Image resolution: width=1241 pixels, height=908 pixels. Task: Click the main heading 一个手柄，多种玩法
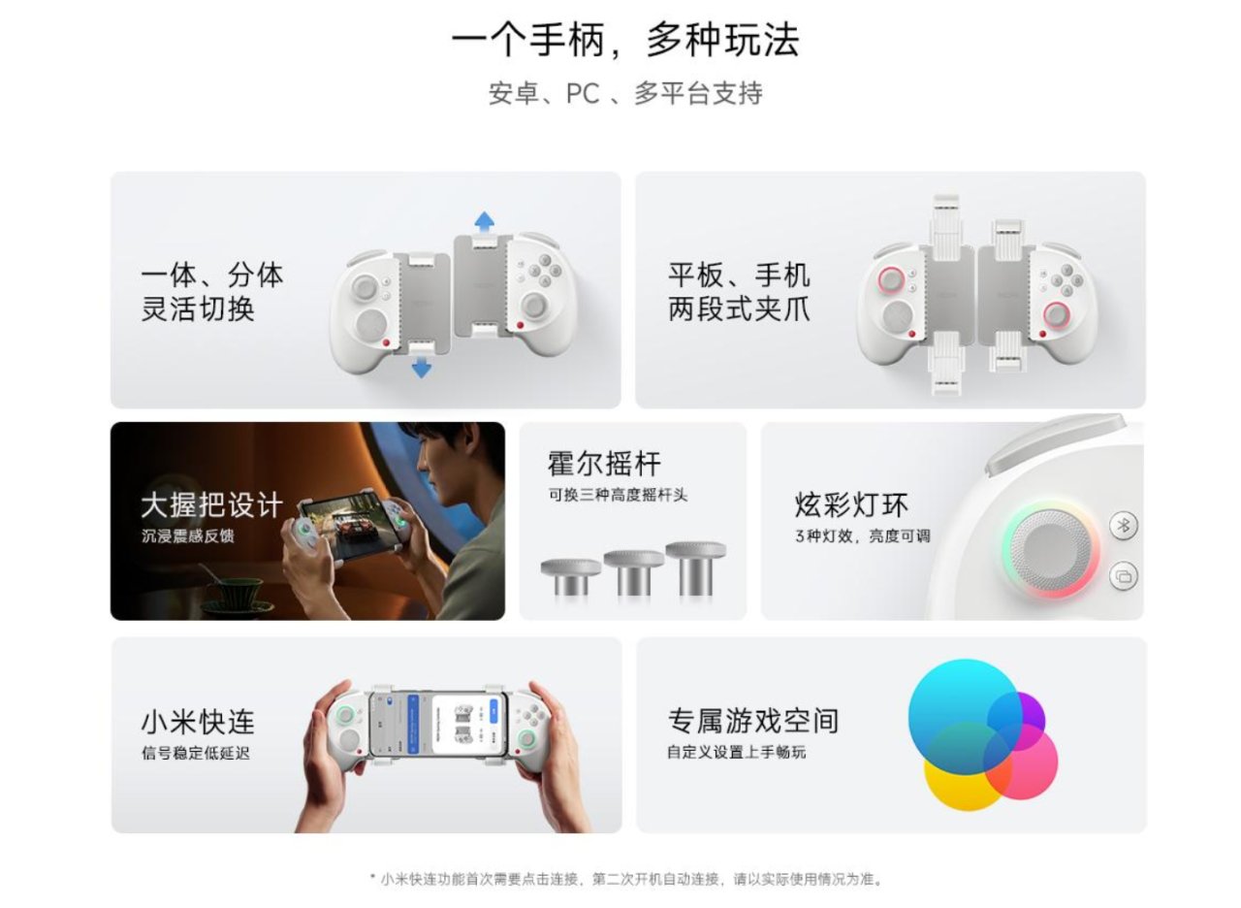click(x=625, y=40)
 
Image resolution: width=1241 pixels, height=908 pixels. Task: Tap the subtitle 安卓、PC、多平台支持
click(x=625, y=93)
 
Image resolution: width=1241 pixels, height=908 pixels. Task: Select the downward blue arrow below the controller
click(x=422, y=368)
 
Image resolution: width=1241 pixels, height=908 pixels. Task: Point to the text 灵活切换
click(x=198, y=308)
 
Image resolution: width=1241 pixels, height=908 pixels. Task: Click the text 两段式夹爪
click(x=739, y=308)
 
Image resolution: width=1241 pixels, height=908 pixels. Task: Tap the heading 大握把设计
click(x=211, y=505)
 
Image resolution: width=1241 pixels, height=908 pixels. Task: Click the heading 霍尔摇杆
click(x=604, y=464)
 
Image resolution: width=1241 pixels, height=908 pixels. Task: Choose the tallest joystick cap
click(x=696, y=567)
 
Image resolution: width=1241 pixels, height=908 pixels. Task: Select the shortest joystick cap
click(x=571, y=576)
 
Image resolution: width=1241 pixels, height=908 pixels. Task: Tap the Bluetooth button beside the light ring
click(x=1124, y=525)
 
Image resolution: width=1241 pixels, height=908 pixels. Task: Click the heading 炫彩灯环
click(x=851, y=504)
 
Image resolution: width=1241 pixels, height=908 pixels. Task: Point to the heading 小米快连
click(x=198, y=722)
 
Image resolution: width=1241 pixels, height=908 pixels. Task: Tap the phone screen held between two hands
click(x=437, y=725)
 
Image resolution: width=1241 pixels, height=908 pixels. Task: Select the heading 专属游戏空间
click(x=753, y=721)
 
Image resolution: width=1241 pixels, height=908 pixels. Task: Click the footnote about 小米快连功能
click(x=626, y=879)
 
